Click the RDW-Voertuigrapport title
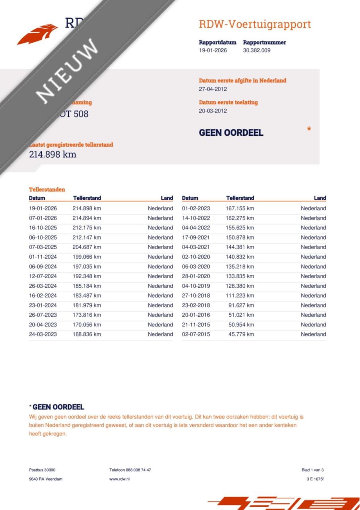point(255,24)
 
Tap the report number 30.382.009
point(256,50)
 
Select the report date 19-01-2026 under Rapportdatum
point(213,50)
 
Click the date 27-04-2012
point(213,89)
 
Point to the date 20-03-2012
point(213,111)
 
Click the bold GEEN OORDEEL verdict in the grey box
point(231,133)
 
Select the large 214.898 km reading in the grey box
point(53,154)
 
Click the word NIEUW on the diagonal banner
point(67,70)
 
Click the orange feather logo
point(37,34)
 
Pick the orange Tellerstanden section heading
point(47,189)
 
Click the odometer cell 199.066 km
point(87,257)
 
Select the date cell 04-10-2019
point(196,286)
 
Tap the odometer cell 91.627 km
point(241,305)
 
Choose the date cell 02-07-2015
point(196,334)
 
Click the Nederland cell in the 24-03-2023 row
point(160,334)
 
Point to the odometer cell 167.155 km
point(240,209)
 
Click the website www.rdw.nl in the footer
point(120,479)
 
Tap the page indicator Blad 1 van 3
point(312,470)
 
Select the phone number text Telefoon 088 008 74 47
point(130,470)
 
